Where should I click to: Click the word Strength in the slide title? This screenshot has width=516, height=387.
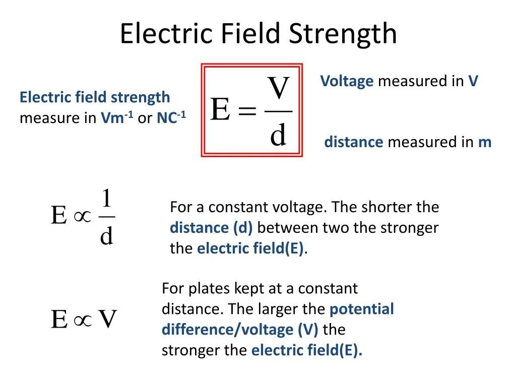(x=343, y=34)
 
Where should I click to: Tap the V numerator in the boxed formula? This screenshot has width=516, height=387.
(x=278, y=89)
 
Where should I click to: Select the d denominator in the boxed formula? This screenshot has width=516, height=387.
(x=278, y=135)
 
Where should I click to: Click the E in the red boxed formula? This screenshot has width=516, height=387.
(x=220, y=109)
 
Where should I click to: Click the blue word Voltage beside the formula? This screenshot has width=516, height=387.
(x=347, y=81)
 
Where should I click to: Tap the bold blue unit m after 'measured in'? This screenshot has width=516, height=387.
(x=484, y=142)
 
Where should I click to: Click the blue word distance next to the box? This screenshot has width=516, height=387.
(x=354, y=142)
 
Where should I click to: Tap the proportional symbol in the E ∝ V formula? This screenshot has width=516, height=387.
(x=83, y=319)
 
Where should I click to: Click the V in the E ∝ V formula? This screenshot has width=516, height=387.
(x=107, y=319)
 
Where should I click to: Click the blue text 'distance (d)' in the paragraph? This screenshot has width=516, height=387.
(x=211, y=228)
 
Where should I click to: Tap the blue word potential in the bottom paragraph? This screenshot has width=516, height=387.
(x=361, y=309)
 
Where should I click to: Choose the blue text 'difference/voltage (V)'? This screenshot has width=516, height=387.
(x=240, y=330)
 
